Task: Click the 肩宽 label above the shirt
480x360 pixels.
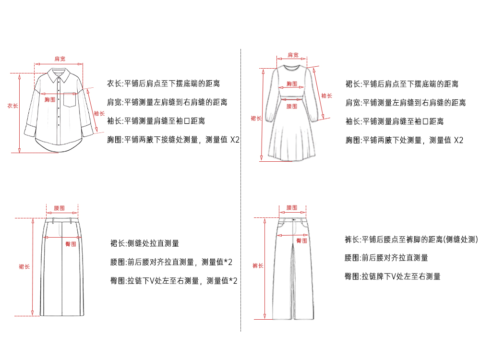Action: [60, 59]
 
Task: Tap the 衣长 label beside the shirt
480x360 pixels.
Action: [12, 106]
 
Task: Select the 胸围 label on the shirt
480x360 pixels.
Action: [50, 99]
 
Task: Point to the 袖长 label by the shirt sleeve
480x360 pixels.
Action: [99, 113]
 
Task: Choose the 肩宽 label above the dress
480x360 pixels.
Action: [293, 55]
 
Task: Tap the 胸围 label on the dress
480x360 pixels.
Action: [292, 84]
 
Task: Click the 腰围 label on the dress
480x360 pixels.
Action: [292, 106]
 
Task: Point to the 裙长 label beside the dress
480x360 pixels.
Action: [256, 118]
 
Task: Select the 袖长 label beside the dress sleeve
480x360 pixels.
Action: [326, 96]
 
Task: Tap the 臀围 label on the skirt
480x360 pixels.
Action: [71, 244]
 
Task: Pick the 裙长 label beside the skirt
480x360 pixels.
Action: [24, 266]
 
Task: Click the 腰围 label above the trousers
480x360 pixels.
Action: [292, 207]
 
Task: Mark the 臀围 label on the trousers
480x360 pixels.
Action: [301, 240]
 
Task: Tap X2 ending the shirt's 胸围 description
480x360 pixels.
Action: [235, 140]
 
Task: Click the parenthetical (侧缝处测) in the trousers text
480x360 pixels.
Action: [460, 240]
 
